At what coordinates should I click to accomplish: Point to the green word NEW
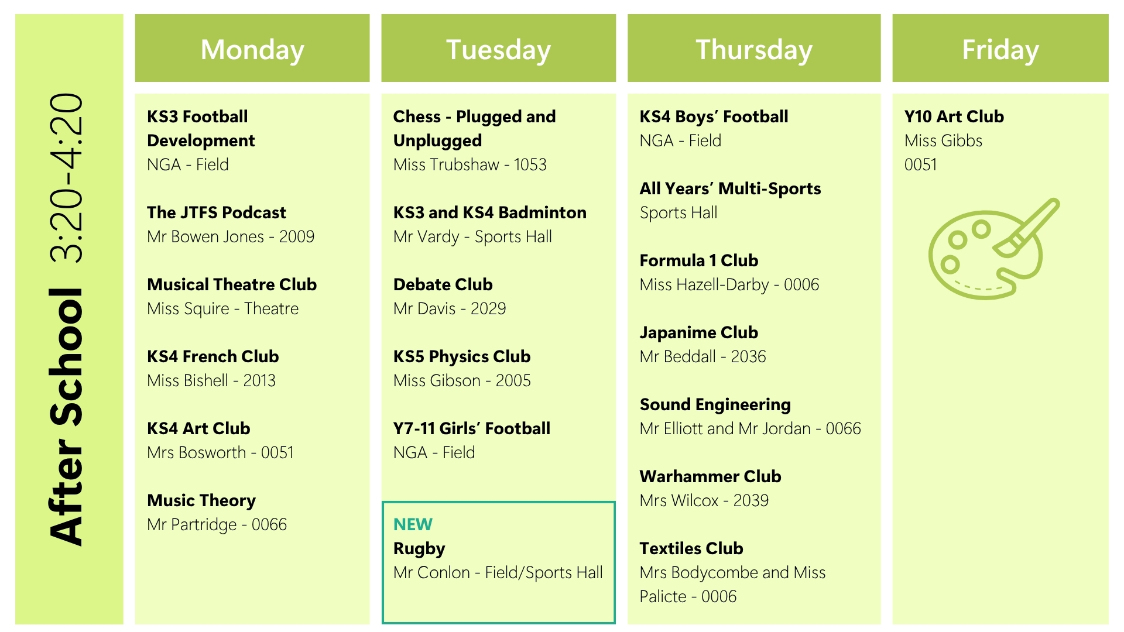click(x=413, y=524)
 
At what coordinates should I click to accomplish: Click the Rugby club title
click(x=419, y=549)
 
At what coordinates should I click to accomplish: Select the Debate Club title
click(x=443, y=284)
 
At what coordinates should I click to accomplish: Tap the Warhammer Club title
click(x=710, y=476)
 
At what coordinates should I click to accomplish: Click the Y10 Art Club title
click(x=954, y=116)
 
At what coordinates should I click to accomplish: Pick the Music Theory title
click(x=201, y=501)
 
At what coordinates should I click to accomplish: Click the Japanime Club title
click(x=699, y=333)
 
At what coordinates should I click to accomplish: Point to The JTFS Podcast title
click(x=217, y=212)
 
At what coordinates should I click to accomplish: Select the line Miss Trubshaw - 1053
click(x=470, y=164)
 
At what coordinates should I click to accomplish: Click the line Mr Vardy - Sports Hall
click(x=472, y=237)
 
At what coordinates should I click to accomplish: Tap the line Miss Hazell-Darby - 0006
click(x=729, y=285)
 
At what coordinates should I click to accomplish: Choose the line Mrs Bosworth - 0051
click(x=220, y=452)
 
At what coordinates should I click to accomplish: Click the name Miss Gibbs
click(x=943, y=140)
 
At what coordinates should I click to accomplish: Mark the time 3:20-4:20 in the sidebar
click(x=67, y=177)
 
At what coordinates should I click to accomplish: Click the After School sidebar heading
click(x=67, y=417)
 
